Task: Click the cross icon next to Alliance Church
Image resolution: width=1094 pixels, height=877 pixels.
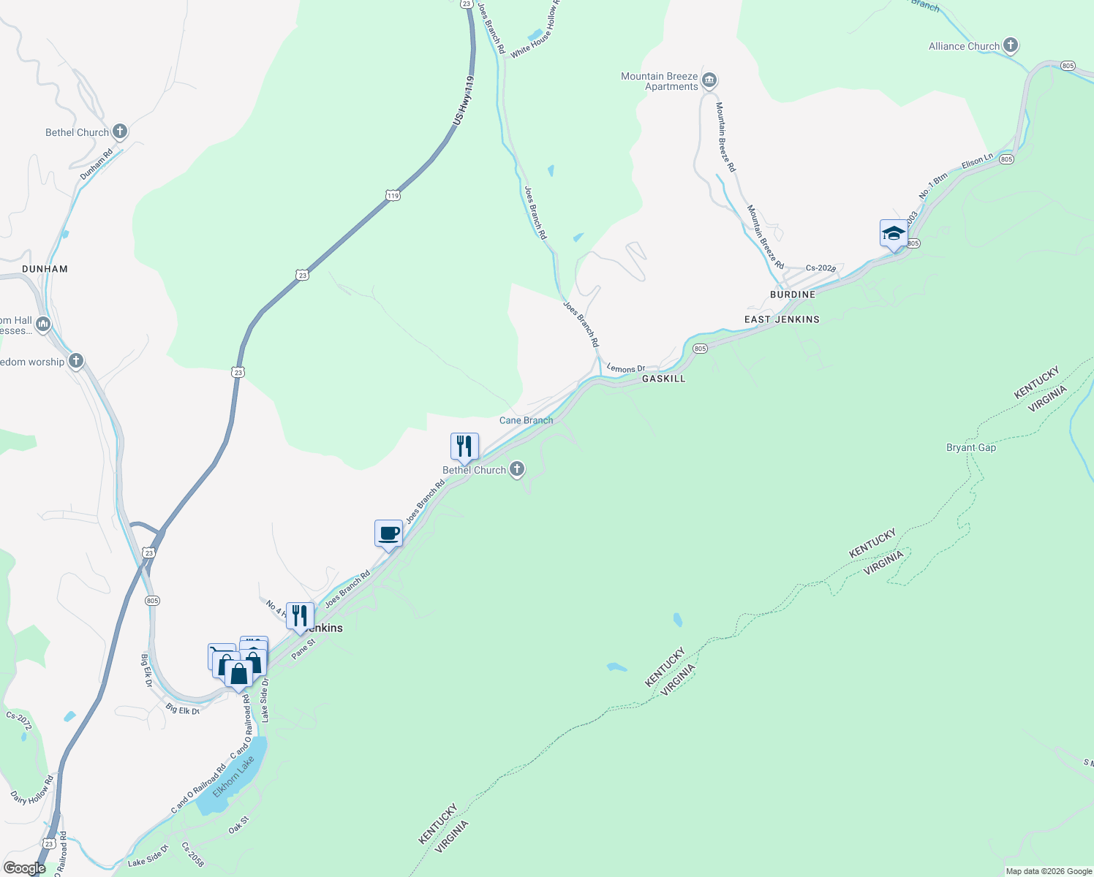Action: coord(1011,45)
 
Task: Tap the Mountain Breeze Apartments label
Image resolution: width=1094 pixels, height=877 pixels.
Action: coord(660,81)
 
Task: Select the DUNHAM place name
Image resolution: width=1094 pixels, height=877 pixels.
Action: coord(45,269)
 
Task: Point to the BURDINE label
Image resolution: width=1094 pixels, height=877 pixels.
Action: coord(793,295)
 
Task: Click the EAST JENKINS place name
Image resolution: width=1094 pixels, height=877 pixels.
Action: coord(782,319)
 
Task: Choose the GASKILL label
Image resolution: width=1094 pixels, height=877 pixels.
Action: coord(664,379)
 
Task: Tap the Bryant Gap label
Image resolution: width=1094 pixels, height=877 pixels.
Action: coord(971,447)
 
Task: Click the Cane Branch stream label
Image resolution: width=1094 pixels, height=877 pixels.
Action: coord(527,420)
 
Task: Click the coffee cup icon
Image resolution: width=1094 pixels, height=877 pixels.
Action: coord(389,534)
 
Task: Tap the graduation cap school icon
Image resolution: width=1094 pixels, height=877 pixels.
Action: coord(894,233)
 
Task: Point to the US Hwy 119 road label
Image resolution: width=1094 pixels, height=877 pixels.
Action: coord(464,99)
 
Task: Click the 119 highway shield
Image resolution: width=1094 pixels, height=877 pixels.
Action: coord(393,195)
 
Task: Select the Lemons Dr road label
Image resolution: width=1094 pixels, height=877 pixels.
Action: coord(626,369)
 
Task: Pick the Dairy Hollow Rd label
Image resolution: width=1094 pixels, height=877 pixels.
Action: coord(32,791)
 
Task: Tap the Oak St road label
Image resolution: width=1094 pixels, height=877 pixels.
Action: coord(239,825)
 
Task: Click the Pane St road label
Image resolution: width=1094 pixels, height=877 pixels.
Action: coord(303,649)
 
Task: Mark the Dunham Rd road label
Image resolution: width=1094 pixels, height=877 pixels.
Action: coord(97,165)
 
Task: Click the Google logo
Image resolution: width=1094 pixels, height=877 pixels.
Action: coord(24,868)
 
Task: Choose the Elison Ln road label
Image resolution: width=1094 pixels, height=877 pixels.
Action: coord(977,161)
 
